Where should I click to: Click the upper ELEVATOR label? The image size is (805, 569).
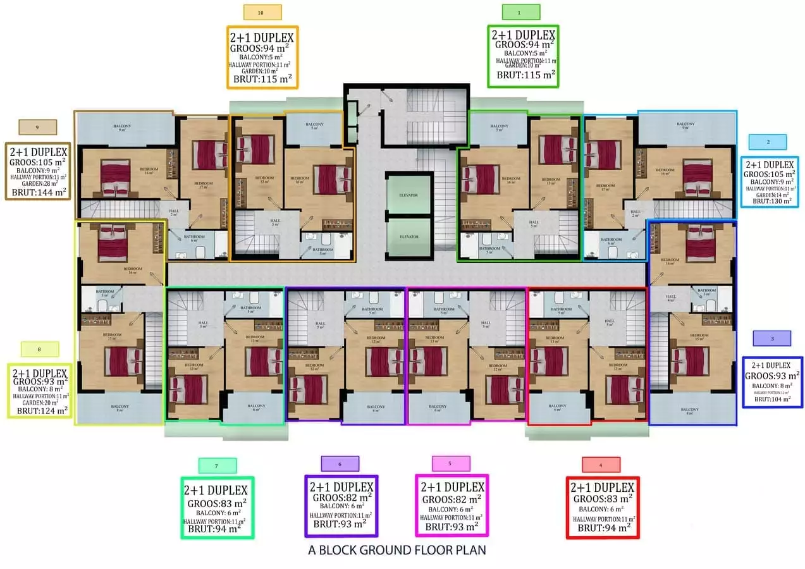(x=408, y=195)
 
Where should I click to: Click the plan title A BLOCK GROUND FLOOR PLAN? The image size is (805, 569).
(x=397, y=549)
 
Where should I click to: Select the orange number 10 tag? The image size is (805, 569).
(x=262, y=12)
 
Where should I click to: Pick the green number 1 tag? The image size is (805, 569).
(x=520, y=12)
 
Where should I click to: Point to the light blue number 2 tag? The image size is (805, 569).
(x=768, y=142)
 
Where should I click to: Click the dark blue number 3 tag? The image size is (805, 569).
(x=772, y=339)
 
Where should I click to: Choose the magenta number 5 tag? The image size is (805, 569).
(x=450, y=463)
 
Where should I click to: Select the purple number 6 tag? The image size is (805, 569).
(x=340, y=464)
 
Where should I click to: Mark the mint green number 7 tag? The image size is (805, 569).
(x=217, y=466)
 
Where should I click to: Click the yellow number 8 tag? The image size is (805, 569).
(x=40, y=349)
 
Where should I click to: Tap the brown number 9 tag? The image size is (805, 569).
(x=38, y=128)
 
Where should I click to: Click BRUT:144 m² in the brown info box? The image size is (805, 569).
(x=40, y=192)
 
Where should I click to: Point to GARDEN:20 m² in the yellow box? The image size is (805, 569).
(x=40, y=403)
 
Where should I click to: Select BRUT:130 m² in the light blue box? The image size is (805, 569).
(x=771, y=201)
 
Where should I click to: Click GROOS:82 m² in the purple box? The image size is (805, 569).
(x=341, y=497)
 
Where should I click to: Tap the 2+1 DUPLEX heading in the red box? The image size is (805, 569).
(x=603, y=488)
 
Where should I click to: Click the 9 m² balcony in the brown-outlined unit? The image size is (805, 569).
(x=123, y=128)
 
